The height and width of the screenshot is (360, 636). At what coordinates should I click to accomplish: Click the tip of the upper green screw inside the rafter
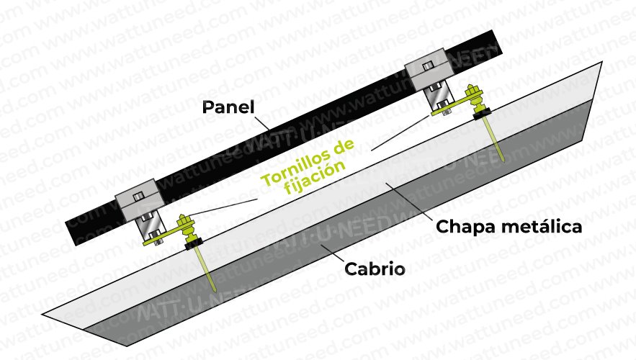(x=503, y=162)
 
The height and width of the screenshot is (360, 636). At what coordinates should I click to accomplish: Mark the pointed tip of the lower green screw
(x=214, y=291)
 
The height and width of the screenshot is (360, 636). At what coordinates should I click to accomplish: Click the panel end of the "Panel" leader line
(x=269, y=130)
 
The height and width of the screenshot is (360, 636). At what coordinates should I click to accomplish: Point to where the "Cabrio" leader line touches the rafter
(x=321, y=245)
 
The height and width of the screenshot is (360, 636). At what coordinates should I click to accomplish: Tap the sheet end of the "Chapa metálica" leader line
(x=386, y=184)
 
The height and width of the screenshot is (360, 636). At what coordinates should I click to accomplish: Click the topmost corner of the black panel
(x=493, y=30)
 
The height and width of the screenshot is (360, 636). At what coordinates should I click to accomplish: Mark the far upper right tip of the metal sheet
(x=601, y=62)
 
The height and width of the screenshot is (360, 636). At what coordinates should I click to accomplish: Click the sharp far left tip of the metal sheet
(x=42, y=314)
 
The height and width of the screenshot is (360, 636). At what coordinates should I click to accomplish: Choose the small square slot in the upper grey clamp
(x=428, y=66)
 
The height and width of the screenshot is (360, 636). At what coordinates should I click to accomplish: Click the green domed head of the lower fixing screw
(x=184, y=221)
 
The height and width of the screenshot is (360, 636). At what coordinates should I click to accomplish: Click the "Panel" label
(x=228, y=107)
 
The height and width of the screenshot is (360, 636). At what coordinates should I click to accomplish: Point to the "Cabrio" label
(x=375, y=269)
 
